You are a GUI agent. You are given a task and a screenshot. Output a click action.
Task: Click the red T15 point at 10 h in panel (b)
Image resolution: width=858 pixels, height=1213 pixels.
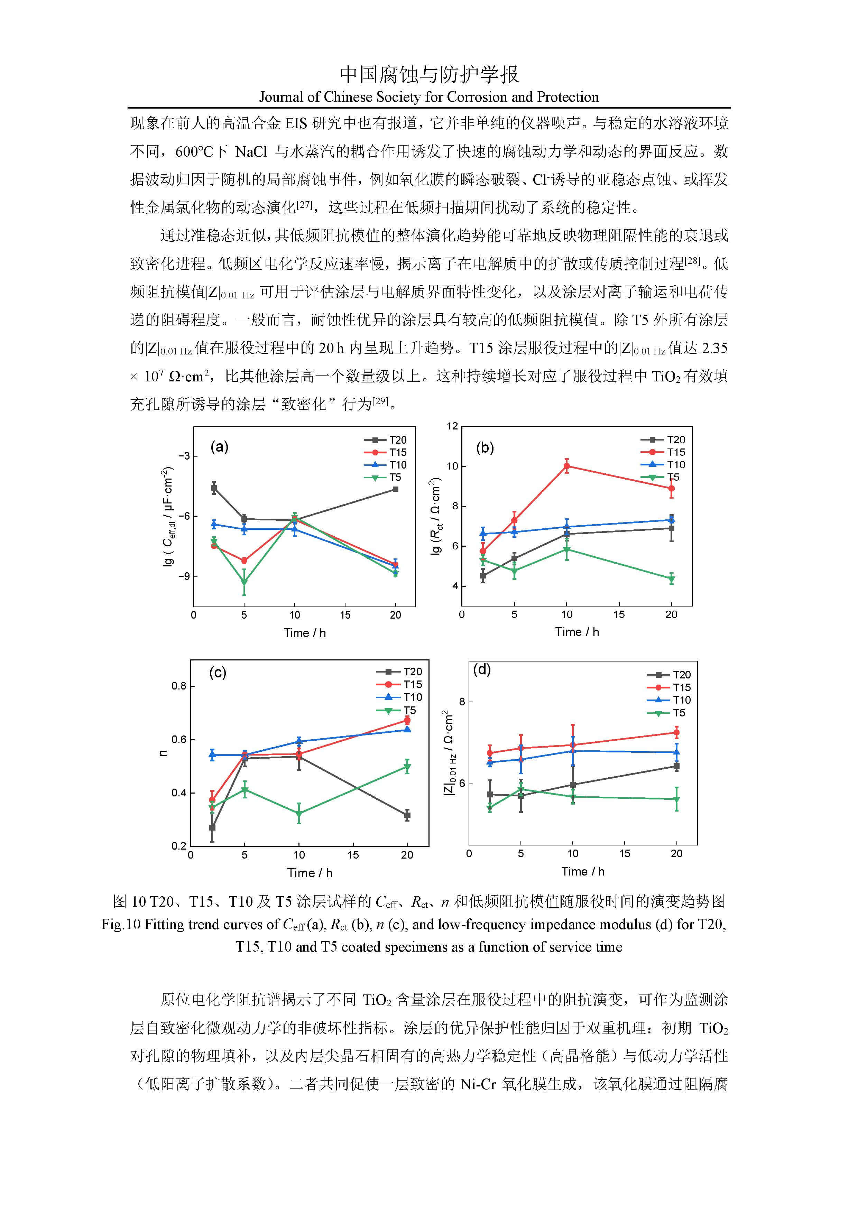pyautogui.click(x=566, y=466)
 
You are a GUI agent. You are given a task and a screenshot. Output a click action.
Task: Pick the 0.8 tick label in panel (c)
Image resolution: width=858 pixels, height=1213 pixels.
pyautogui.click(x=179, y=686)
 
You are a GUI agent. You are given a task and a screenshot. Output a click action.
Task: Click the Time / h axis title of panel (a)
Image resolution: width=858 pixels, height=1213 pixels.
pyautogui.click(x=305, y=633)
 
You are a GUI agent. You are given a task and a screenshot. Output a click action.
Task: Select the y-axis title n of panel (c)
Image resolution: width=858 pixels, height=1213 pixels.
pyautogui.click(x=163, y=753)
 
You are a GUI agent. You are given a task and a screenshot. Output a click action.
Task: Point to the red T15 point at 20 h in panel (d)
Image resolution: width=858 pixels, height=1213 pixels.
pyautogui.click(x=676, y=732)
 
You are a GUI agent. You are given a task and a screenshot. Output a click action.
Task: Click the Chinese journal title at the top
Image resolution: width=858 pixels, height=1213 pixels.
pyautogui.click(x=429, y=74)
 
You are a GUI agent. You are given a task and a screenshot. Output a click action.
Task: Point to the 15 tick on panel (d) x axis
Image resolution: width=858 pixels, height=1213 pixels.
pyautogui.click(x=625, y=854)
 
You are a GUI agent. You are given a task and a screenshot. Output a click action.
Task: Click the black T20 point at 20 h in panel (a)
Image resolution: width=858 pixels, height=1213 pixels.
pyautogui.click(x=396, y=489)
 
